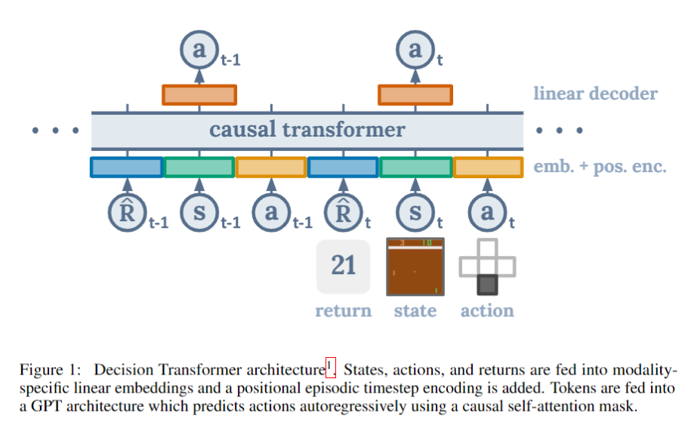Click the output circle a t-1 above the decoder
pos(199,50)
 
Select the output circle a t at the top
pos(415,50)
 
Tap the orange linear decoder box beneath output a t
pos(415,94)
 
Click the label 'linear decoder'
pos(595,94)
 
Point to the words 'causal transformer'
pos(307,130)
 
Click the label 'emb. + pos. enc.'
pos(600,167)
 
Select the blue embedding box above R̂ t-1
pos(127,167)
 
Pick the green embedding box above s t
pos(415,167)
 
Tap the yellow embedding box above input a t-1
pos(271,167)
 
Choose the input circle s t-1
pos(199,212)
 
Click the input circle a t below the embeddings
pos(487,212)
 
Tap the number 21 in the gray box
pos(344,266)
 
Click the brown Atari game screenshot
pos(415,266)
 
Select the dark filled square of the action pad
pos(487,285)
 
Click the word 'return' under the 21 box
pos(344,310)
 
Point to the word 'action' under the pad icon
pos(487,310)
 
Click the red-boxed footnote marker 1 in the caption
pos(330,368)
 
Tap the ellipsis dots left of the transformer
pos(54,131)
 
